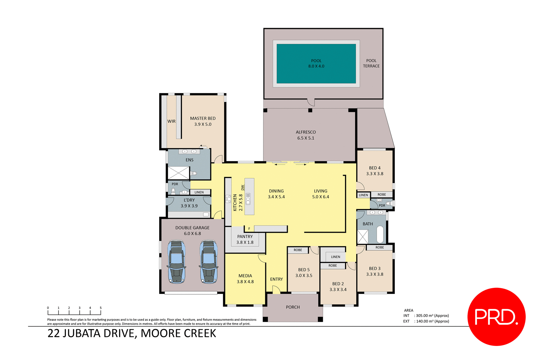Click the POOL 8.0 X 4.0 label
pyautogui.click(x=316, y=63)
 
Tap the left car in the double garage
pyautogui.click(x=177, y=262)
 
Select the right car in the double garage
pyautogui.click(x=209, y=262)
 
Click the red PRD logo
pyautogui.click(x=496, y=316)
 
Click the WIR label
pyautogui.click(x=171, y=121)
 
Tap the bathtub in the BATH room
pyautogui.click(x=380, y=234)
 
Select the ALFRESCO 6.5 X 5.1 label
pyautogui.click(x=306, y=135)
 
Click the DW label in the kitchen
pyautogui.click(x=243, y=187)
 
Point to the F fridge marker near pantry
pyautogui.click(x=249, y=229)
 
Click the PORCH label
pyautogui.click(x=293, y=307)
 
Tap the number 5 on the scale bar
pyautogui.click(x=101, y=308)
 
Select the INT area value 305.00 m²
pyautogui.click(x=432, y=316)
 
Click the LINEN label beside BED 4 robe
pyautogui.click(x=363, y=195)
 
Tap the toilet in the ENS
pyautogui.click(x=194, y=173)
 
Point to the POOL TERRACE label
pyautogui.click(x=371, y=63)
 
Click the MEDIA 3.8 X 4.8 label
pyautogui.click(x=245, y=279)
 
